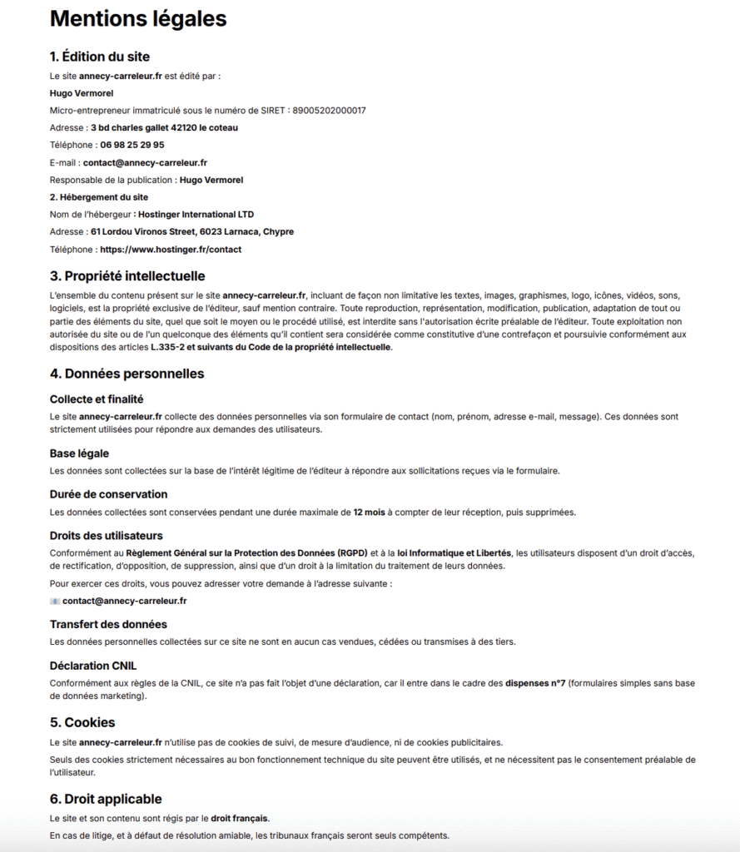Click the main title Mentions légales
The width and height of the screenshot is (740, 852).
(138, 18)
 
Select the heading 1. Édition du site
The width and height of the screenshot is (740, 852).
(100, 57)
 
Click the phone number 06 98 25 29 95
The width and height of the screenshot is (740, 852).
(132, 145)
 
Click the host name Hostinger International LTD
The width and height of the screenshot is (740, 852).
(196, 214)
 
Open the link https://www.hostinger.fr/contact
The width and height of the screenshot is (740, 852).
(171, 249)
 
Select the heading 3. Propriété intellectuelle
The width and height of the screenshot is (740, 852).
(127, 275)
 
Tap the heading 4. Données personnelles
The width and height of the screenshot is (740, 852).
(127, 374)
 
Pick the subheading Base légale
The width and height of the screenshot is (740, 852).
(79, 453)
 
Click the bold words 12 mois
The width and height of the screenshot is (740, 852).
(369, 512)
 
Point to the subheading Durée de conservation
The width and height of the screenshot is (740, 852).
(108, 494)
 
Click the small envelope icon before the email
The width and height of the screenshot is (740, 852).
(55, 601)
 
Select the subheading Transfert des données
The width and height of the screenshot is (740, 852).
(108, 624)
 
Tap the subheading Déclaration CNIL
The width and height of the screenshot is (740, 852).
(93, 666)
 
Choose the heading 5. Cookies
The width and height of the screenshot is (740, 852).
(82, 722)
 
